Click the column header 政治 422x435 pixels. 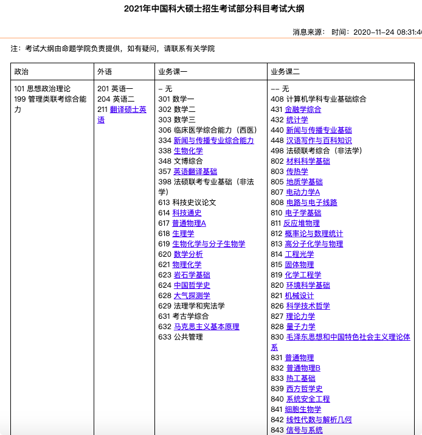[21, 71]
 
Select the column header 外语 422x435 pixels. [105, 71]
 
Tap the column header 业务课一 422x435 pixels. [173, 71]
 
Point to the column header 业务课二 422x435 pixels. [285, 71]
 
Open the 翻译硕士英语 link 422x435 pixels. [129, 110]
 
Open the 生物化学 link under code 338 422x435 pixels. [189, 150]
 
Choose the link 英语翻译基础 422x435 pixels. [195, 172]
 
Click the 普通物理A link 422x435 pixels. [190, 223]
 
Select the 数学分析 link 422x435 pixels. [189, 254]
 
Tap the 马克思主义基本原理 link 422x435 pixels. [207, 327]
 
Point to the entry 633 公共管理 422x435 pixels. [180, 337]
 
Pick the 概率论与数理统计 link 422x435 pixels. [314, 234]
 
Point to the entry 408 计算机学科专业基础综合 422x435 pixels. [318, 99]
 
